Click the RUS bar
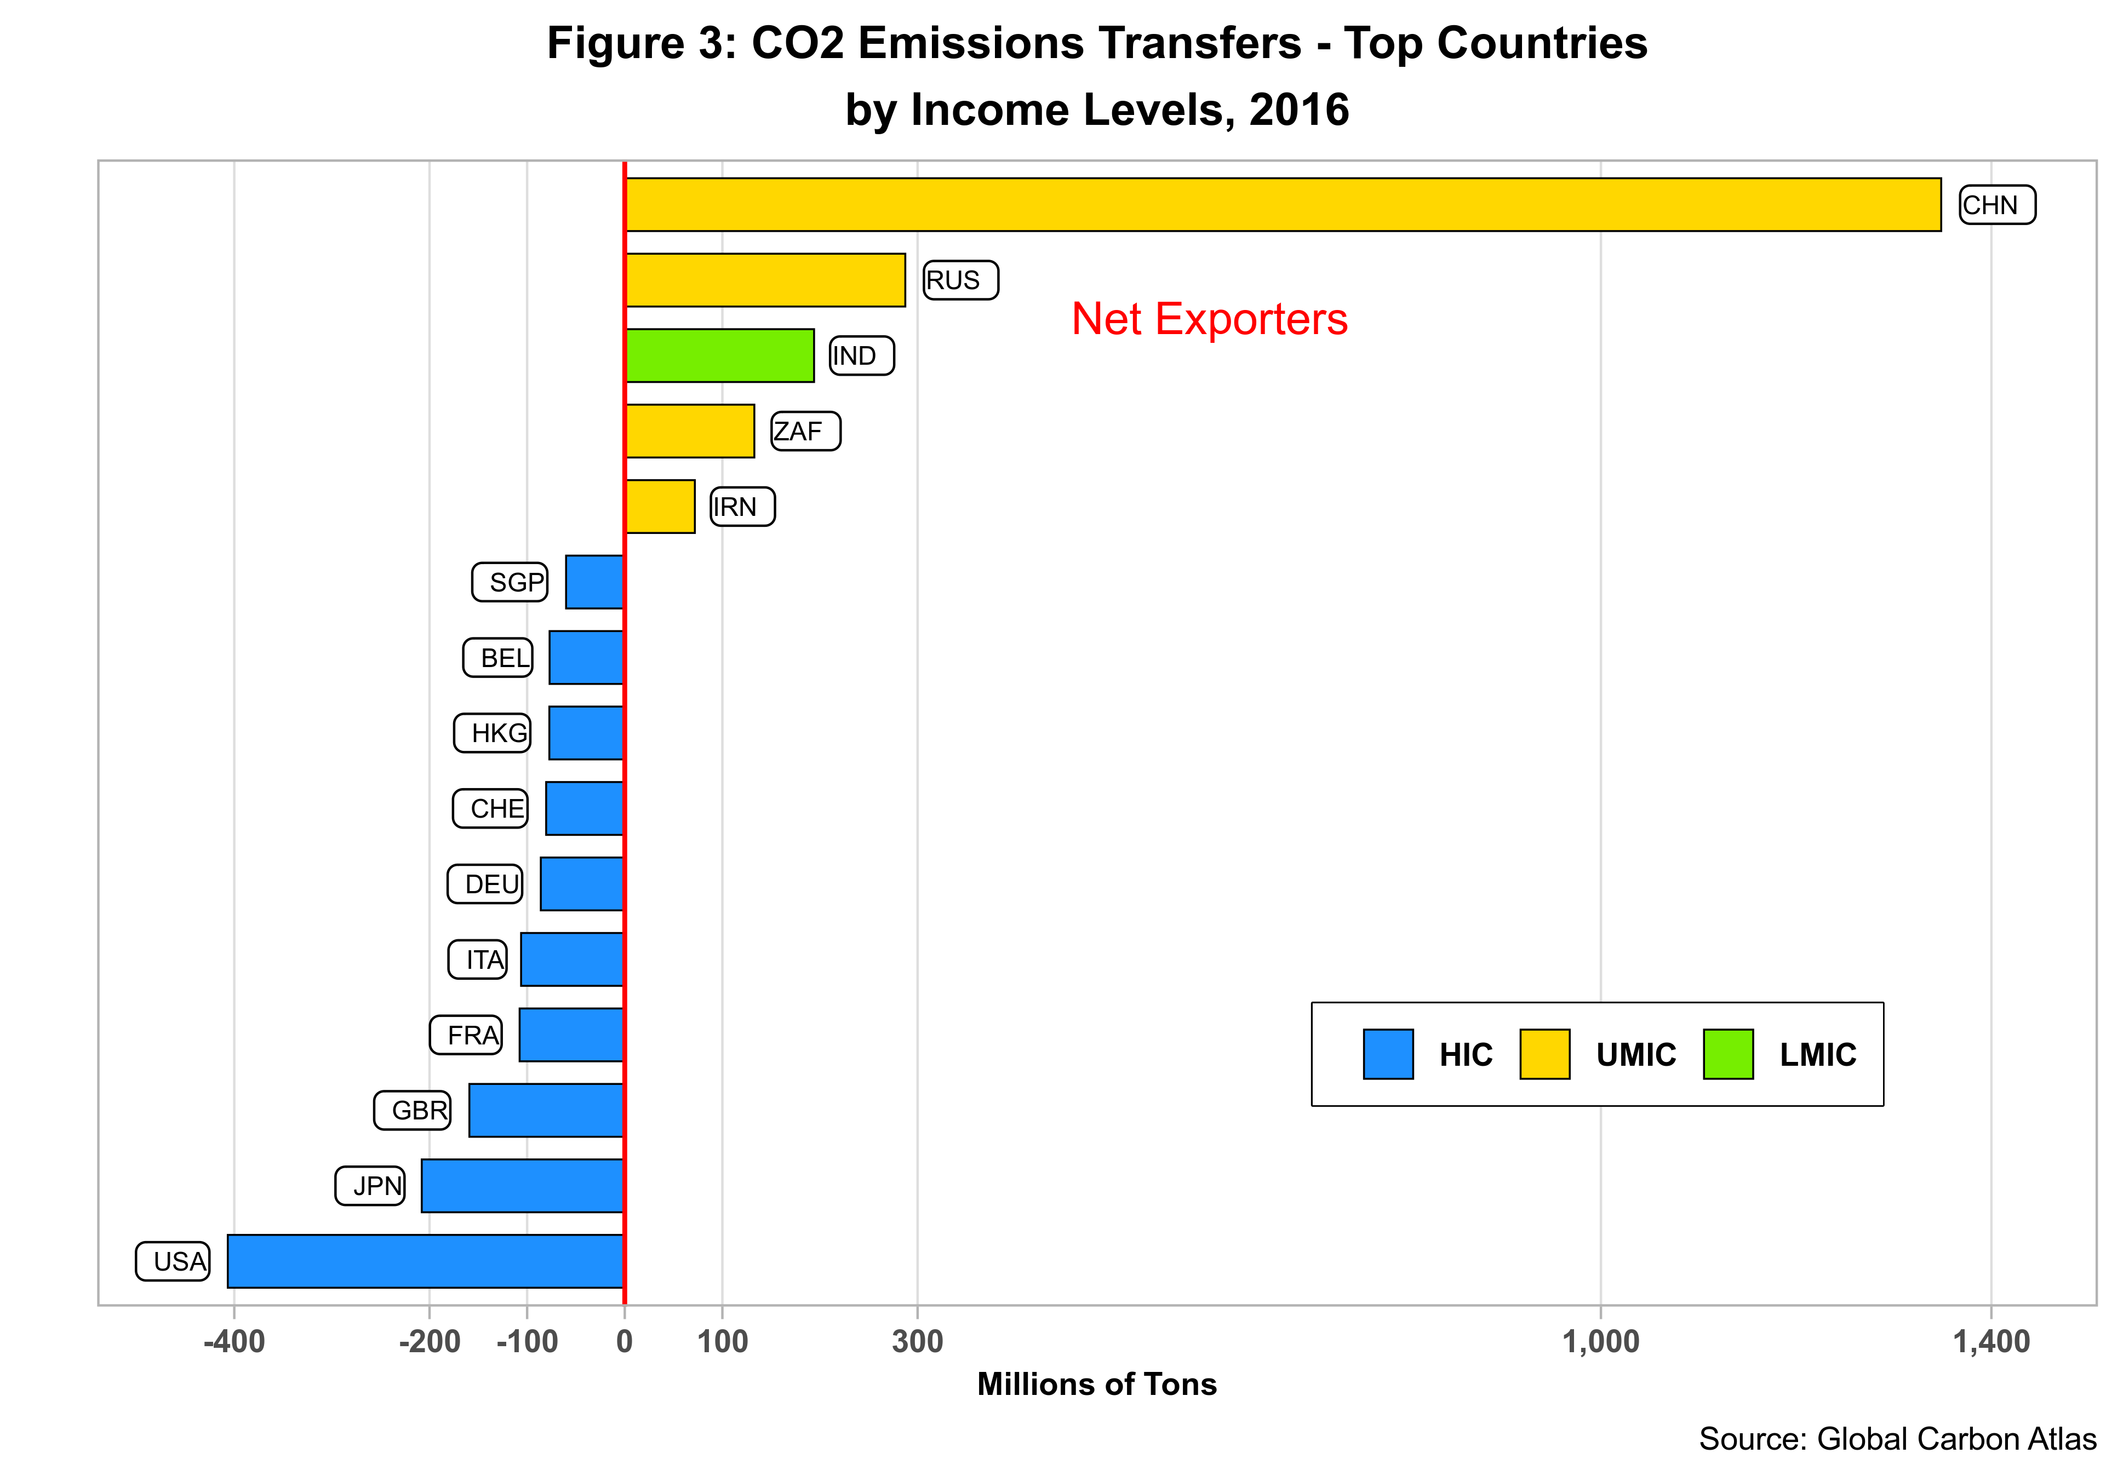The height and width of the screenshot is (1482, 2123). (765, 280)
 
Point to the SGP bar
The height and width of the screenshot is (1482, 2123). (594, 582)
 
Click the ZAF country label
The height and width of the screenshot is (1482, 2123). (805, 431)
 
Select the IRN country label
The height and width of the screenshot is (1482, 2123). (742, 507)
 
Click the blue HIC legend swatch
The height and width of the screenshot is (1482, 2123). (1387, 1054)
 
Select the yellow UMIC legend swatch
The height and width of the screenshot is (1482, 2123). (1544, 1054)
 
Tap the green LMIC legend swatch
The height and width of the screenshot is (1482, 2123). (1727, 1054)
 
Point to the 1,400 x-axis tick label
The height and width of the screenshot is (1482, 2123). (1991, 1341)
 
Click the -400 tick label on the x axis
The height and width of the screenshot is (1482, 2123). (234, 1341)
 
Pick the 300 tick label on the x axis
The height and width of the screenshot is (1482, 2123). (917, 1341)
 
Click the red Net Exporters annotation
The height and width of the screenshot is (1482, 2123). (1210, 319)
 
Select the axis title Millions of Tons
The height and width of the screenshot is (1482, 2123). (1097, 1384)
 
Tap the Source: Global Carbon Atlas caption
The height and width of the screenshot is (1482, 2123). (1897, 1439)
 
